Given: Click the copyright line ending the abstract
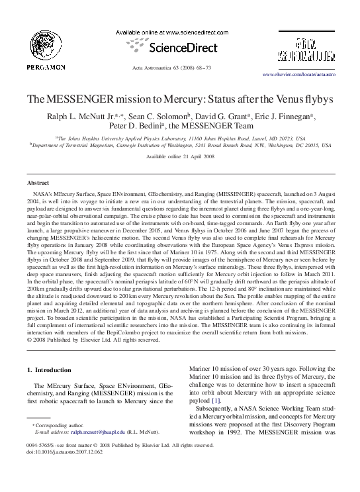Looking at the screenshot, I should [93, 340].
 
